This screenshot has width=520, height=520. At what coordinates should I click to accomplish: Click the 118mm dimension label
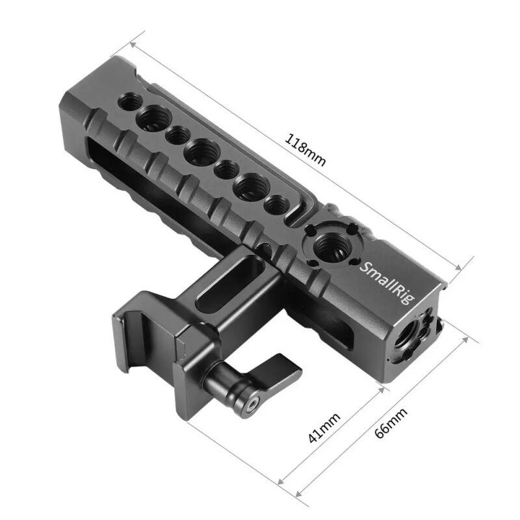[305, 149]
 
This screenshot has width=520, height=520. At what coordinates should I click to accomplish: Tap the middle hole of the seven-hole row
[200, 153]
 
